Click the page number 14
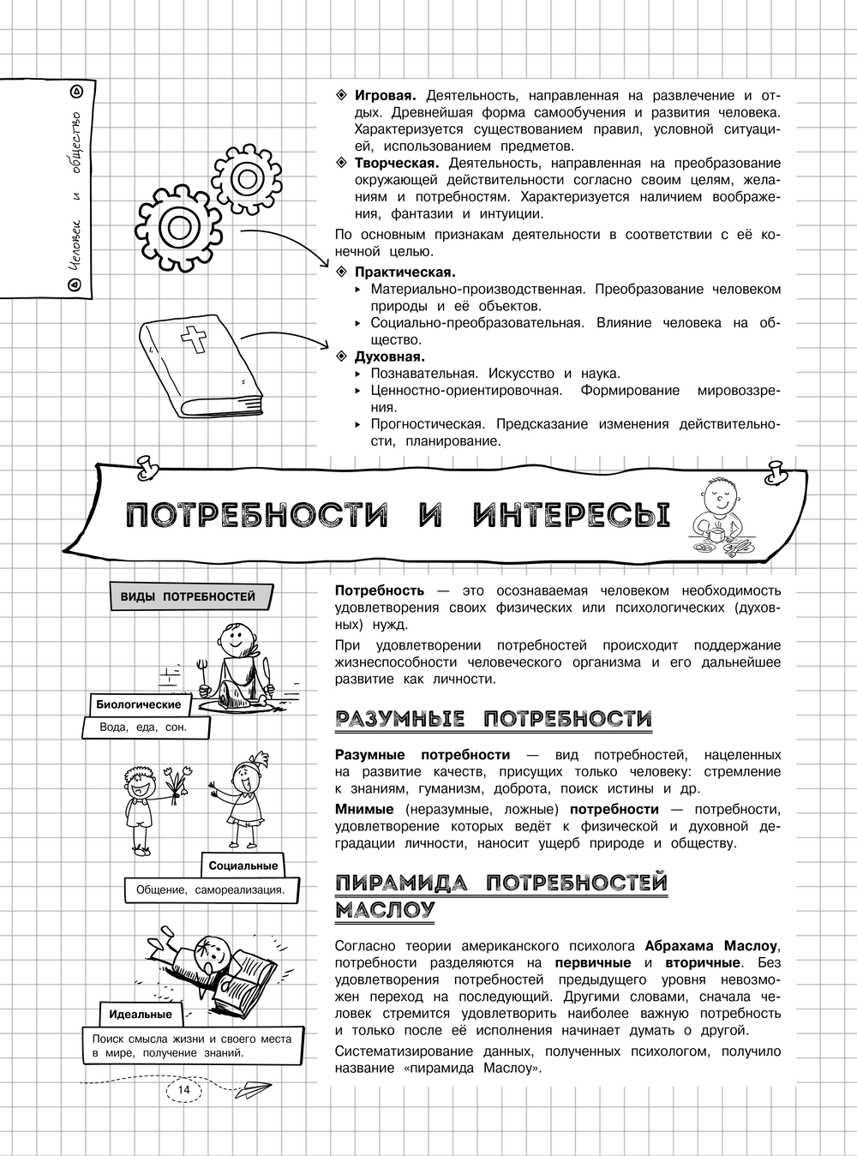[183, 1088]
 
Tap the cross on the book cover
[193, 341]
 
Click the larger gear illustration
[179, 228]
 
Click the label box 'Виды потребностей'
[182, 596]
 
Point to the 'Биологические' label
[139, 704]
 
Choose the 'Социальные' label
[243, 866]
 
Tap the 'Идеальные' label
[141, 1014]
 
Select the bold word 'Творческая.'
[397, 163]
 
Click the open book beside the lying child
[243, 977]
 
